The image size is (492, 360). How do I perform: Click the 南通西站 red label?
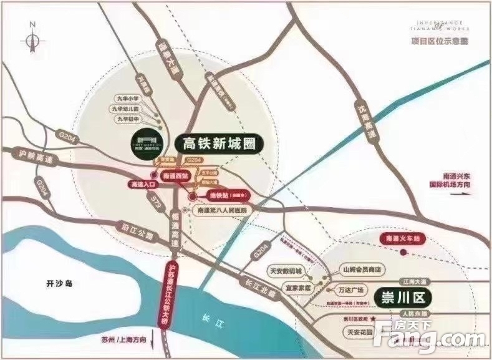pos(173,177)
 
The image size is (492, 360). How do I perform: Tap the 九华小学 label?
pos(128,98)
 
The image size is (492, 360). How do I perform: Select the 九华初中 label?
pos(128,117)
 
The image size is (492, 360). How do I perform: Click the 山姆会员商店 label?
pos(362,270)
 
